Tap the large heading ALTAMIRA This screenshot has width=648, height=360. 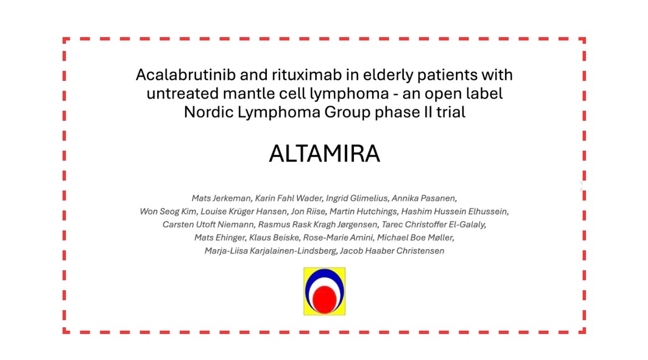pos(325,154)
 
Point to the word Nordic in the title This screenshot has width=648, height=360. pos(208,112)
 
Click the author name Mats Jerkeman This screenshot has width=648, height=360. pos(221,198)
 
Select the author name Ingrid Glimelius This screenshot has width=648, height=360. pos(357,198)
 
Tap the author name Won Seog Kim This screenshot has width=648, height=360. pos(168,212)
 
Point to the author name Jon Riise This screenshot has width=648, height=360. pos(308,212)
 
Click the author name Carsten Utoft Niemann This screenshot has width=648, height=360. pos(208,224)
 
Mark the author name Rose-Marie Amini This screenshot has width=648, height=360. pos(338,238)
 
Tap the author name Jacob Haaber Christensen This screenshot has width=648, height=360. pos(392,251)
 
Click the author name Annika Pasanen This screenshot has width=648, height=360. pos(424,198)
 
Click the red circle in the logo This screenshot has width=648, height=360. pos(325,300)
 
